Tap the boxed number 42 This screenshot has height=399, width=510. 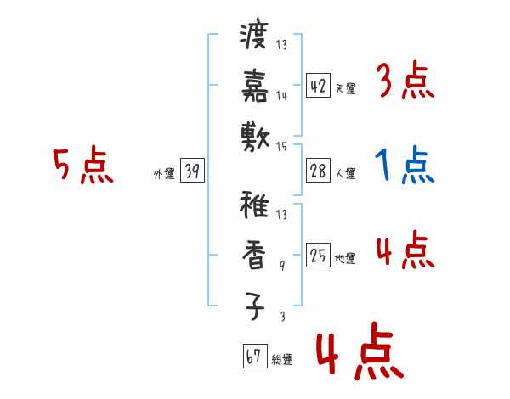[x=318, y=85]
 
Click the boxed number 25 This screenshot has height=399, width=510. [x=318, y=255]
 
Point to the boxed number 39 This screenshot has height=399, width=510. [x=191, y=171]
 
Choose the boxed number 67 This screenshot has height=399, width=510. [x=253, y=357]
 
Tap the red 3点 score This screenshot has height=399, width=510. [x=404, y=82]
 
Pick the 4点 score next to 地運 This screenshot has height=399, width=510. [x=404, y=250]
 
